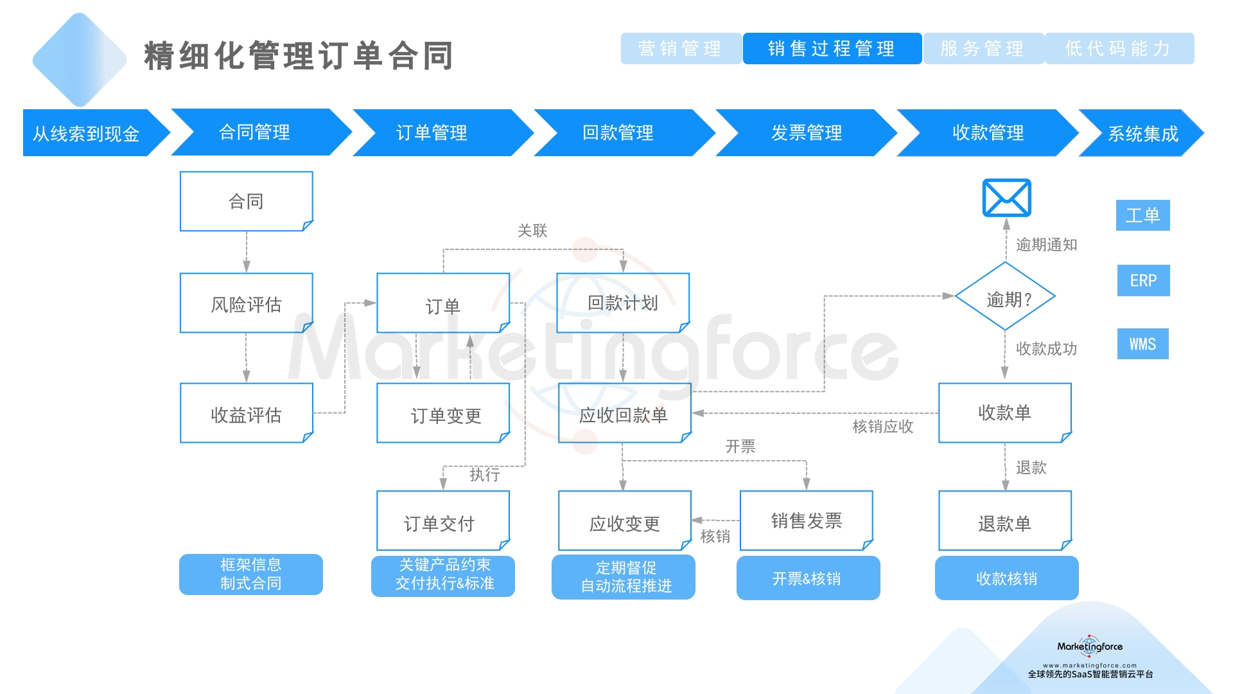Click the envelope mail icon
click(1006, 198)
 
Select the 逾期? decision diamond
click(1005, 297)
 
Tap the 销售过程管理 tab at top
click(832, 49)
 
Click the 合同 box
click(247, 201)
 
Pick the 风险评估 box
click(247, 303)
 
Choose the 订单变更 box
click(443, 414)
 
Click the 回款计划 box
click(623, 303)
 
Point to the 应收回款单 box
click(624, 414)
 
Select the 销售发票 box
click(806, 520)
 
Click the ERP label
click(1143, 281)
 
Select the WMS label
click(1142, 344)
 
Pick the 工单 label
click(1142, 215)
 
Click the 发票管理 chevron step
click(806, 133)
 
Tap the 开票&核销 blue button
click(807, 578)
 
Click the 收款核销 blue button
click(1006, 578)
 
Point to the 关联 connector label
click(532, 231)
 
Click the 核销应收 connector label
click(882, 427)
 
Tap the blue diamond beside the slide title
click(80, 60)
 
